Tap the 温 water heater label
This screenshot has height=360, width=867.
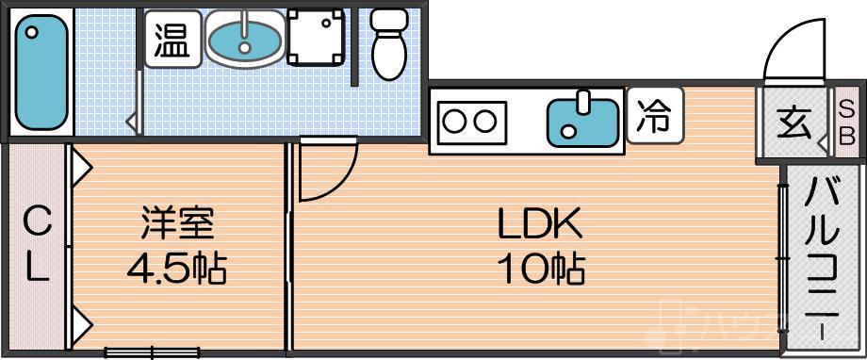point(172,41)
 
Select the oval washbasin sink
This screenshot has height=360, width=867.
point(242,40)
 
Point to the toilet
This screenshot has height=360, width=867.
point(387,45)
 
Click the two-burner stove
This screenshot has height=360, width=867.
point(469,122)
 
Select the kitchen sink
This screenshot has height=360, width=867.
point(583,120)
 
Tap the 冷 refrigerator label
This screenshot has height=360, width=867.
point(652,116)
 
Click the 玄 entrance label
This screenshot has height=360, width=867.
point(793,123)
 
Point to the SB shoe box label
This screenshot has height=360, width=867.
point(845,123)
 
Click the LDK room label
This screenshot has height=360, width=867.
point(541,225)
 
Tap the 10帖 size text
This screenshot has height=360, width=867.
point(541,270)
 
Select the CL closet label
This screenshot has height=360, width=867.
point(37,247)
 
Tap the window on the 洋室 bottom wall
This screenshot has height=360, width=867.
point(151,352)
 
